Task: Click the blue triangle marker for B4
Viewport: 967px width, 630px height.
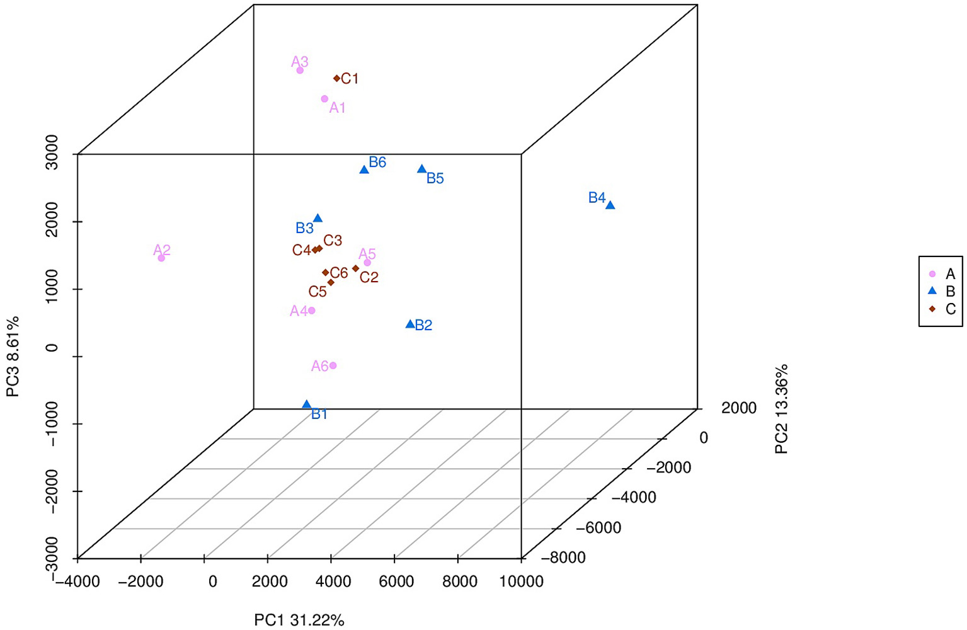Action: click(610, 205)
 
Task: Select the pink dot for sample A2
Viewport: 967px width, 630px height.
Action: click(161, 258)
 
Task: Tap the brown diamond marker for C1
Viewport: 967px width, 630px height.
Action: click(337, 79)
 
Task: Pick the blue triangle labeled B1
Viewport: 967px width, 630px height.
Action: click(307, 404)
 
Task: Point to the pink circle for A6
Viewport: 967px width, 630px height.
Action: click(333, 365)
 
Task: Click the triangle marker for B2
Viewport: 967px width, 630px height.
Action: click(410, 324)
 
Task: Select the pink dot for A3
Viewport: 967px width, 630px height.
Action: click(300, 70)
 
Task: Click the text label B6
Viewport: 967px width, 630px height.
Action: click(377, 163)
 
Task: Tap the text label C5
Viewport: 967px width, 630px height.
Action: click(318, 292)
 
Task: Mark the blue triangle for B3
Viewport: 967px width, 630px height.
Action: click(318, 219)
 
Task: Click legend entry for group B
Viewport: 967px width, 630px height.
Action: click(942, 292)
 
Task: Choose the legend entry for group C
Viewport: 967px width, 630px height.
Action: click(942, 309)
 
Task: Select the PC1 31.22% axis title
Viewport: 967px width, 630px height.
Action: click(299, 620)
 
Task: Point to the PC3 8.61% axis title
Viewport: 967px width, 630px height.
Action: click(13, 357)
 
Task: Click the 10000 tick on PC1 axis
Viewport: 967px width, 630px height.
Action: click(522, 581)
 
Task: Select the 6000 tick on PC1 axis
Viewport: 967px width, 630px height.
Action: click(396, 581)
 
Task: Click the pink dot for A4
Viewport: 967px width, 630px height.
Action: click(311, 311)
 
